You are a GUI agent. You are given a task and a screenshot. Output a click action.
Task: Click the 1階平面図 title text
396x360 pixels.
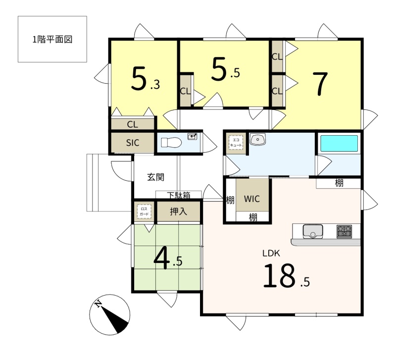coord(52,40)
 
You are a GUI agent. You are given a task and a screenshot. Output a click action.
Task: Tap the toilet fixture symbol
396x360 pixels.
coord(171,142)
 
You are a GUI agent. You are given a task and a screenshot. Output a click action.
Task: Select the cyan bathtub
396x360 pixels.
coord(339,143)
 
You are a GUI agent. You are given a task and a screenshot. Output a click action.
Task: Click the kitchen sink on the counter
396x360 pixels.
coord(313,231)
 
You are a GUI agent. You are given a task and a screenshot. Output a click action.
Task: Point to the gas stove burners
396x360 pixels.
coord(344,231)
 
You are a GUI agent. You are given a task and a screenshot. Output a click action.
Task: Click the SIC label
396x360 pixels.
coord(133,143)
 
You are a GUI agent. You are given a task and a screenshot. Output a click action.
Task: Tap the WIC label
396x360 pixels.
coord(252,199)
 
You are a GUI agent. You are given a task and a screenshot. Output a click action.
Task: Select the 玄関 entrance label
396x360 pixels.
coord(155,177)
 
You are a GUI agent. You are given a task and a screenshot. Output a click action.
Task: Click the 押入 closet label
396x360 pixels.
coord(178,211)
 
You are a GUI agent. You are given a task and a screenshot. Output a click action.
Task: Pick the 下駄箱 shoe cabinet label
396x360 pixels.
coord(178,195)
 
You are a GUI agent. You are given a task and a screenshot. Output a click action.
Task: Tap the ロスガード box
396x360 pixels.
coord(144,211)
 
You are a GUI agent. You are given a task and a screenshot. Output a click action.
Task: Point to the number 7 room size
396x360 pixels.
coord(320,84)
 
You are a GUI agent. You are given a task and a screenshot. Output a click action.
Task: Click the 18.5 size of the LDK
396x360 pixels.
coord(287,276)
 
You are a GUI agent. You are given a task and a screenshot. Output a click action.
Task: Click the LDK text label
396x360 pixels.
coord(271,253)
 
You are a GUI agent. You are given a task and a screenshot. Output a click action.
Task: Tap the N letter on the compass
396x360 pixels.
coord(98,304)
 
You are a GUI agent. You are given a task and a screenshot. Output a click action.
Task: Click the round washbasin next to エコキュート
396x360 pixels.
coord(257,139)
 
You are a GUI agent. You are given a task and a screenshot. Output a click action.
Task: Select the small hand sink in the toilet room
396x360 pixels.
coord(192,136)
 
